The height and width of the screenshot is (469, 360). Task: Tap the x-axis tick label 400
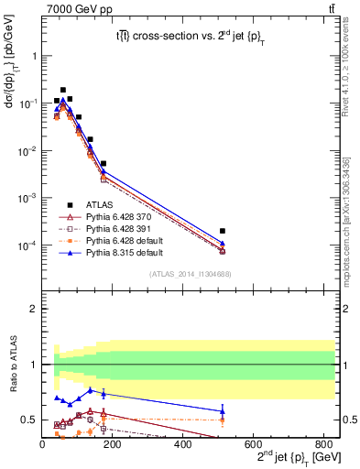click(183, 442)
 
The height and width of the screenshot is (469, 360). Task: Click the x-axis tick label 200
click(113, 442)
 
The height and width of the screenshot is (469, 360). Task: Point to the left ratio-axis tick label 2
click(34, 309)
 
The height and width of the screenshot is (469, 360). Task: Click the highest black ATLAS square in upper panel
click(62, 90)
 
